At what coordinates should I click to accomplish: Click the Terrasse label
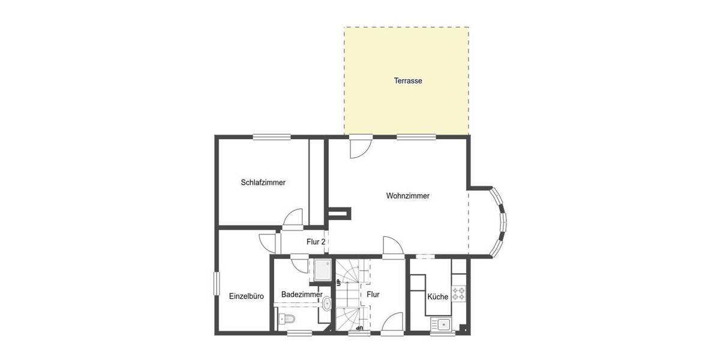point(408,80)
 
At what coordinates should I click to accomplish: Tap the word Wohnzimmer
point(407,196)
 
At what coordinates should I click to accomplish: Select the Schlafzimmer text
point(263,182)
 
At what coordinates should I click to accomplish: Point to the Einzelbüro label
point(247,296)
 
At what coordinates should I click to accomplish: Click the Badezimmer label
point(302,295)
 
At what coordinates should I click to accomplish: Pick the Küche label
point(437,296)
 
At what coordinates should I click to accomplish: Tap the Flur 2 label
point(316,242)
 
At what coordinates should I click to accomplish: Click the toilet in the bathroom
point(286,318)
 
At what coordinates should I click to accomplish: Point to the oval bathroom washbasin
point(326,304)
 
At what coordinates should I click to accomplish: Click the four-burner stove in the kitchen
point(459,293)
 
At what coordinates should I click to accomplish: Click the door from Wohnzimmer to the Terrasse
point(361,146)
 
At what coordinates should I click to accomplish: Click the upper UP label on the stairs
point(338,281)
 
